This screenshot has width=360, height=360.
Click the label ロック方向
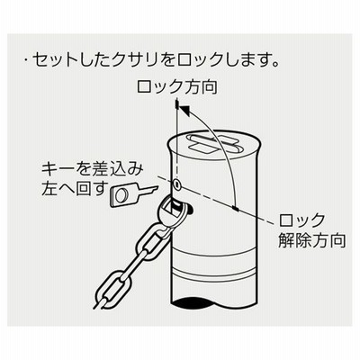177,87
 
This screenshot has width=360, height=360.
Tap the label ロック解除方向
312,230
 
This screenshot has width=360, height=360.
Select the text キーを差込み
93,171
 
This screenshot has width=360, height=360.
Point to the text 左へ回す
75,189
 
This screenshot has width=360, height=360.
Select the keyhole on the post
177,184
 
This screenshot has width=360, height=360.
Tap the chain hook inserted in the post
174,213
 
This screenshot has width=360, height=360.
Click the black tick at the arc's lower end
236,209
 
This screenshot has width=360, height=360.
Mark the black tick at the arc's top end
177,104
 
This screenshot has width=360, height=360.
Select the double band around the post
214,274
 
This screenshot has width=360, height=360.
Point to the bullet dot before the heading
26,61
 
